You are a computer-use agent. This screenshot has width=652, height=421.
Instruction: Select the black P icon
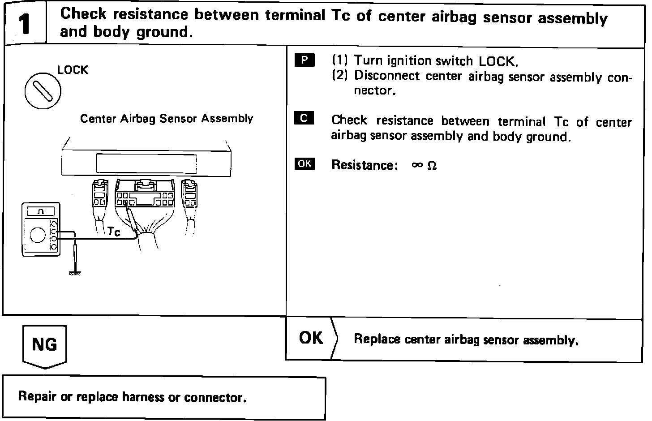(305, 60)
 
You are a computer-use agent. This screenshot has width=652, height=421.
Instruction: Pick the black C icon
(304, 118)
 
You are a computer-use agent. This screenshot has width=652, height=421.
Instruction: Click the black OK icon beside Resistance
(305, 163)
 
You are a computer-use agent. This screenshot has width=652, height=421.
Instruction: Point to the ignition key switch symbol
(43, 92)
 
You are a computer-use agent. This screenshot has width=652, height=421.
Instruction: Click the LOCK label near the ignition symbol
(73, 70)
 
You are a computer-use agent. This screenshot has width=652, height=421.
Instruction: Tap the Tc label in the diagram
(114, 232)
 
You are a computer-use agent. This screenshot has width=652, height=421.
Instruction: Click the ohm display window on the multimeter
(40, 211)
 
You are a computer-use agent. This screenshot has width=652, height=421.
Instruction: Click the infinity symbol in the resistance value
(417, 165)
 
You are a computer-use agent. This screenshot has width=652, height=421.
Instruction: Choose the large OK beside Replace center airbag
(311, 338)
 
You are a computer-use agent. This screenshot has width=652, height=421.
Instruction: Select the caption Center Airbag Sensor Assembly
(167, 119)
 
